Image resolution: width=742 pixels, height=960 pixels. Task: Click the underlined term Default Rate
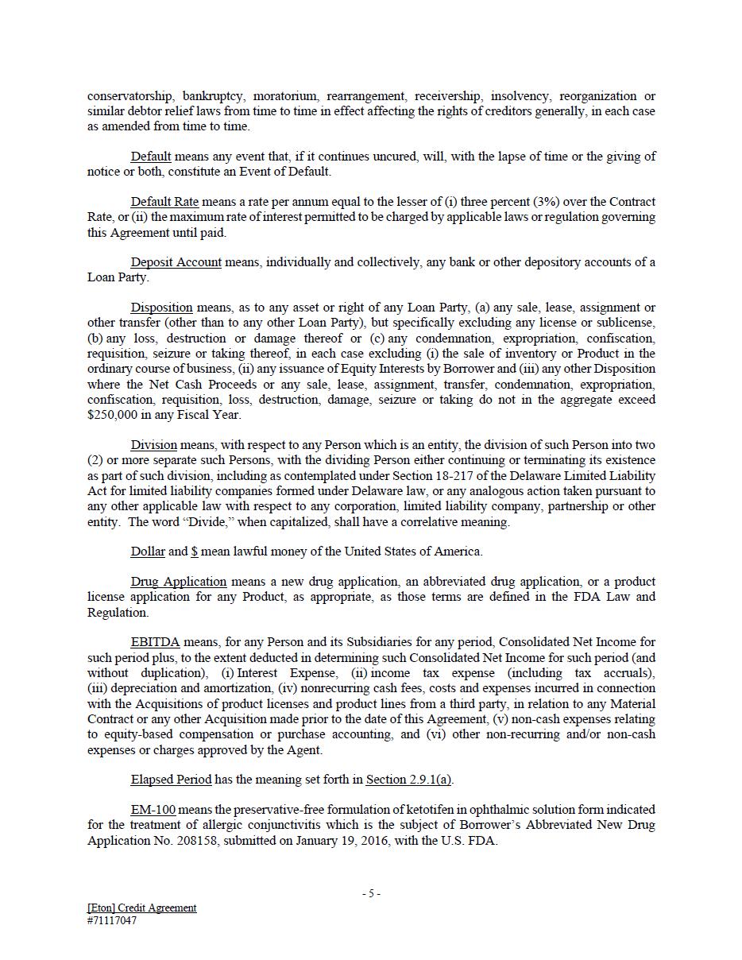164,202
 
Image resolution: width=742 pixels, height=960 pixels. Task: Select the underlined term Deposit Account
176,262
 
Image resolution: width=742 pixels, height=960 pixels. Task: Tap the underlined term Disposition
161,308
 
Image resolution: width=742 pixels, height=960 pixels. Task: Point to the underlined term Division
153,445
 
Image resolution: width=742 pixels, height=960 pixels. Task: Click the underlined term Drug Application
178,582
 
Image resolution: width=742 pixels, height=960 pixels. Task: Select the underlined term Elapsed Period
171,780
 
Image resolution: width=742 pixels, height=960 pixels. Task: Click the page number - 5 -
371,894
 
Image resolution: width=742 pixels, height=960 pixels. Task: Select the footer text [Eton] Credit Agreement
141,908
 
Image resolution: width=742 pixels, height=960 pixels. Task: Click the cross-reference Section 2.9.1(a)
408,780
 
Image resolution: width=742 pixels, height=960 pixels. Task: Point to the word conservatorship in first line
129,96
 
